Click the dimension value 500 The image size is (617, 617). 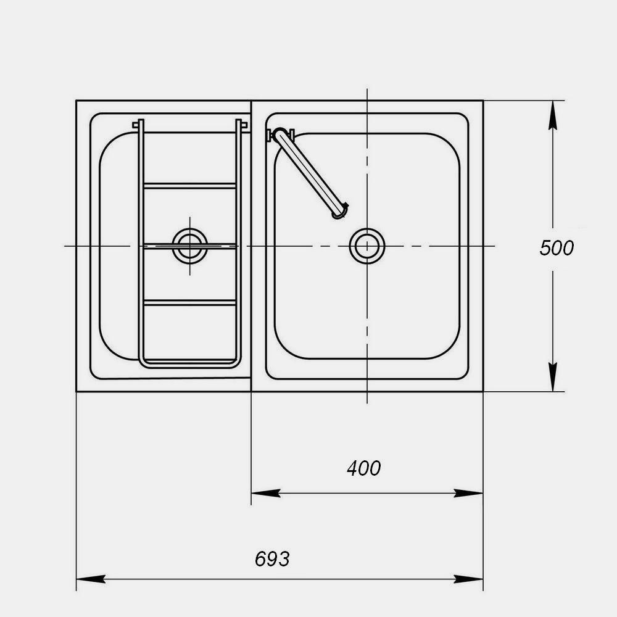click(557, 248)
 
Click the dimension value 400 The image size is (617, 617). click(363, 468)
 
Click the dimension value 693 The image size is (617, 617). click(272, 559)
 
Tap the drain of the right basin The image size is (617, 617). click(367, 246)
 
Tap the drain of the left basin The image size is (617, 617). click(189, 246)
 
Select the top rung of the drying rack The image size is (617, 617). click(189, 186)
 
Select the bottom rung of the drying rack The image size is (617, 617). click(189, 302)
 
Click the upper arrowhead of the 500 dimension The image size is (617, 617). click(553, 115)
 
